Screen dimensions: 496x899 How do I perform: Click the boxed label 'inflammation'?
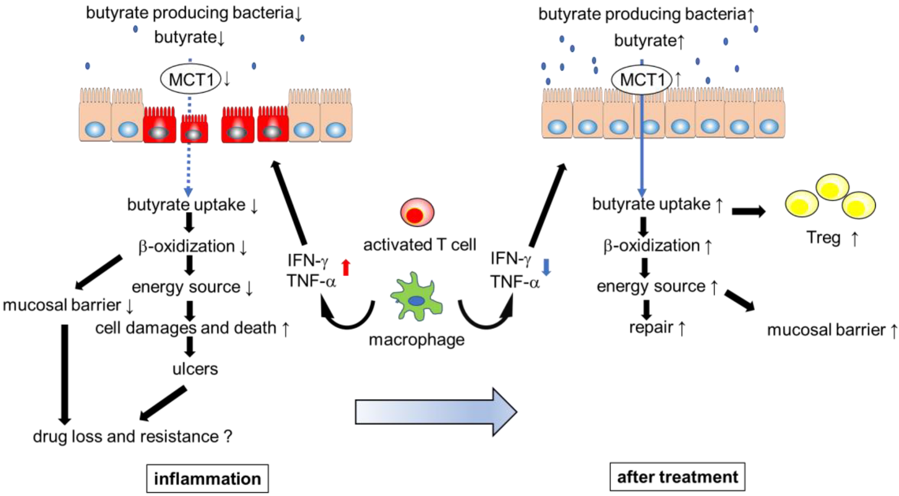(207, 479)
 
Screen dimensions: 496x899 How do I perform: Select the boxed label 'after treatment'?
(677, 477)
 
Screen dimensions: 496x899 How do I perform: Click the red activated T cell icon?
(417, 212)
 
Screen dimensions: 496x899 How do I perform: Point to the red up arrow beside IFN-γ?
(346, 267)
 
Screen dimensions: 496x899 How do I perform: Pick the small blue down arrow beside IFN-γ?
(546, 266)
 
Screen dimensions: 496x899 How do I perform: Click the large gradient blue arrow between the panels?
(436, 412)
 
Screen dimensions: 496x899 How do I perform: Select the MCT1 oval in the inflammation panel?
(191, 80)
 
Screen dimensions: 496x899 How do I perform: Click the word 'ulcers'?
(195, 369)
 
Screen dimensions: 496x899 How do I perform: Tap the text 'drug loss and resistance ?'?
(132, 436)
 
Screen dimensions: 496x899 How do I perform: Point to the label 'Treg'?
(823, 238)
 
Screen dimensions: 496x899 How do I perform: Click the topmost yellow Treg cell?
(832, 187)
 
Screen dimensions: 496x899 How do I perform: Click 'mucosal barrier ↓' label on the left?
(68, 305)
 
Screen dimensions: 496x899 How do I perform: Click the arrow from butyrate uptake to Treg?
(748, 211)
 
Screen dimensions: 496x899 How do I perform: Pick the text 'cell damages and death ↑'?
(192, 328)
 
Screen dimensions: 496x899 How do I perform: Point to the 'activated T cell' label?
(419, 245)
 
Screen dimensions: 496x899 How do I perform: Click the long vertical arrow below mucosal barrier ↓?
(64, 374)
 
